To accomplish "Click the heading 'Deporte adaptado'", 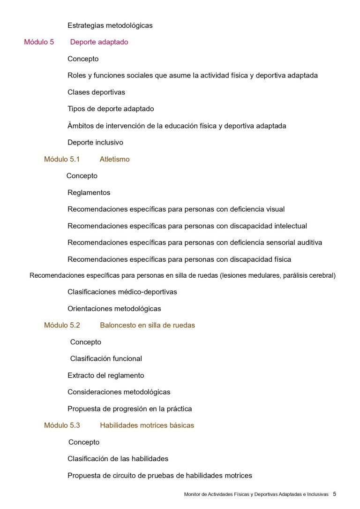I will [x=99, y=42].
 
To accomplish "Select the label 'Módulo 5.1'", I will [x=62, y=159].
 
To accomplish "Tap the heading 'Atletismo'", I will [x=114, y=159].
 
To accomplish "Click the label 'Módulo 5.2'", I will [x=62, y=325].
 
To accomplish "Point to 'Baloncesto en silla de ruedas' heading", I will [x=147, y=325].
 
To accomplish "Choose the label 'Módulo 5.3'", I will [x=62, y=425].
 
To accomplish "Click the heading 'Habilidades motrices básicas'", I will [x=147, y=425].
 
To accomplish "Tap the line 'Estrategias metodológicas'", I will [x=110, y=25].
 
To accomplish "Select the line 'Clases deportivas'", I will [x=96, y=92].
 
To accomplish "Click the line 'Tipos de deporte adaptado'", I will [x=111, y=109].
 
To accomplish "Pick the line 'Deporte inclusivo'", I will [x=95, y=142].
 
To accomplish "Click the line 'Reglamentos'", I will [x=89, y=192].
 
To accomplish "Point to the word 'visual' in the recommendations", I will [x=275, y=209].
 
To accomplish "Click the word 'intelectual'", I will [x=288, y=226].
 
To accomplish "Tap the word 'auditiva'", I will [x=308, y=243].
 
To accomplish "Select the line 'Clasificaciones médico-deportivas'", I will [x=122, y=292].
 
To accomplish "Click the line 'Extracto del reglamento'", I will [x=105, y=375].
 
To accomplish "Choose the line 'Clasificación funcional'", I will [x=106, y=358].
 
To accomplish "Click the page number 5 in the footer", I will [x=334, y=494].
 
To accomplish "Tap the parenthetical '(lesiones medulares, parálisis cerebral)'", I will [x=277, y=275].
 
